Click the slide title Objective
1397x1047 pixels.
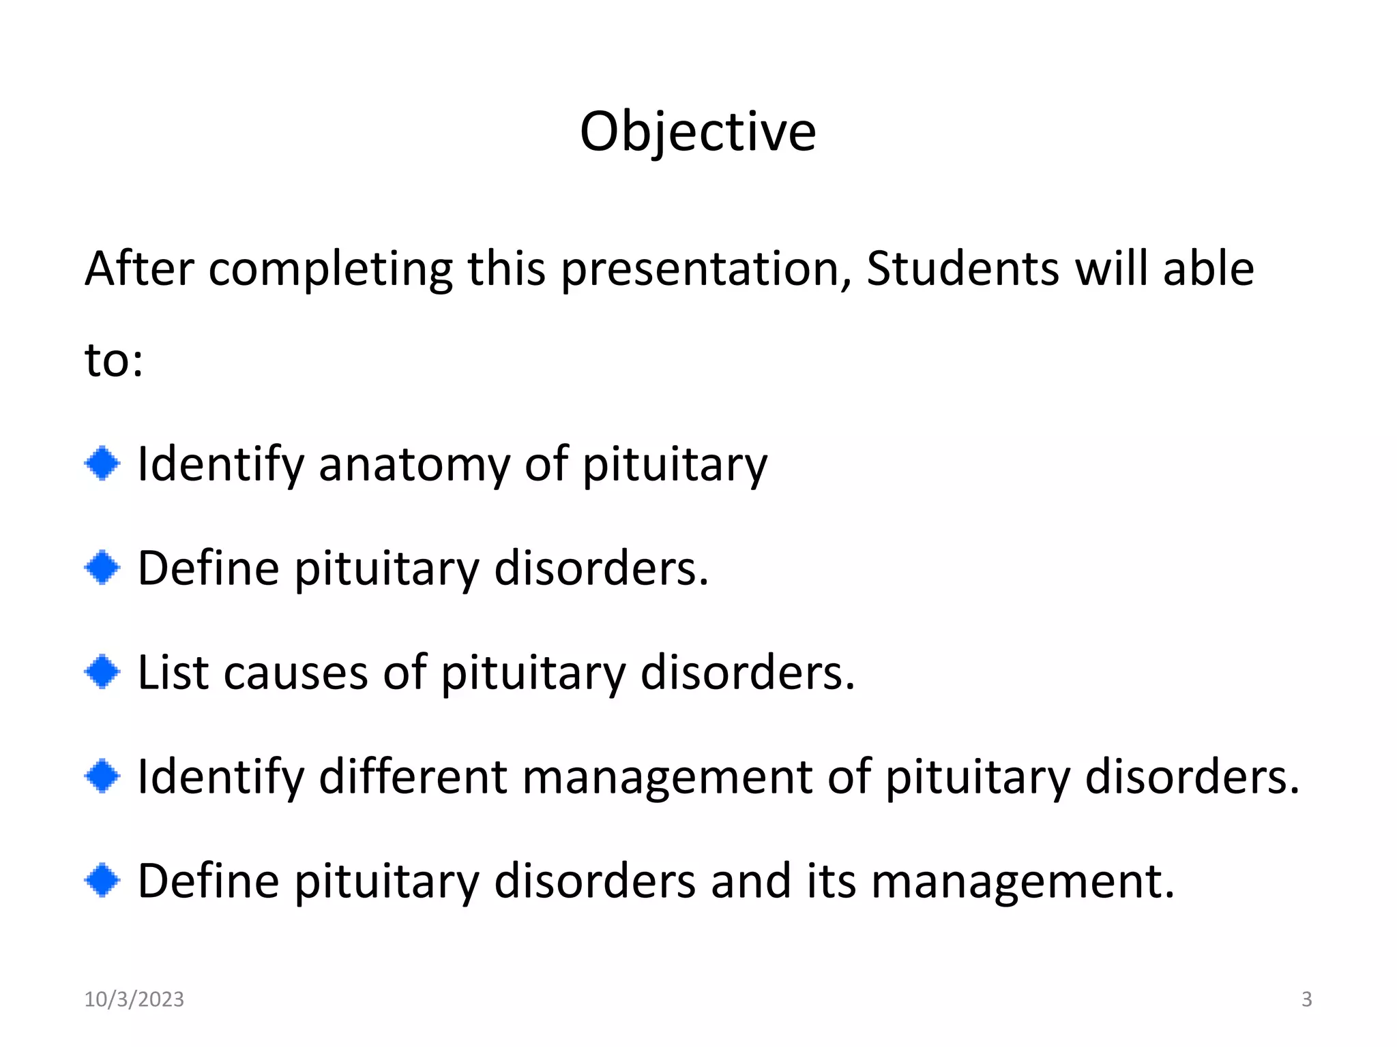coord(697,132)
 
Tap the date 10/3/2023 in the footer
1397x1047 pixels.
coord(134,999)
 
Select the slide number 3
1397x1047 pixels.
coord(1306,999)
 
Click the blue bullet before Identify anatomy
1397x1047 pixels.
coord(102,464)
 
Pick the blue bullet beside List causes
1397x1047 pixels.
coord(102,672)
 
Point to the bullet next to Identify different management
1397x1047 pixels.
coord(102,776)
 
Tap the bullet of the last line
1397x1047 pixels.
coord(102,881)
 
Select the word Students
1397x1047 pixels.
coord(962,269)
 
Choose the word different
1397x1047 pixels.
coord(413,776)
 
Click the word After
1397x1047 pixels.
coord(139,269)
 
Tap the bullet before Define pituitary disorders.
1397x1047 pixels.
coord(102,568)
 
